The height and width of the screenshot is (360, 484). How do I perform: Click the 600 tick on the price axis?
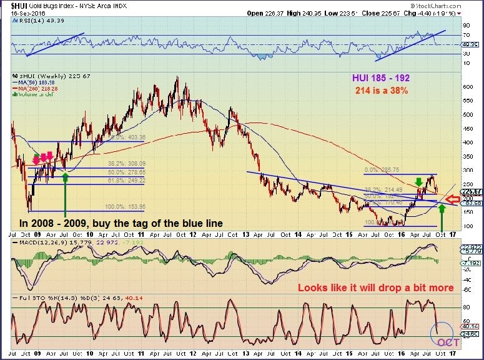pos(466,87)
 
